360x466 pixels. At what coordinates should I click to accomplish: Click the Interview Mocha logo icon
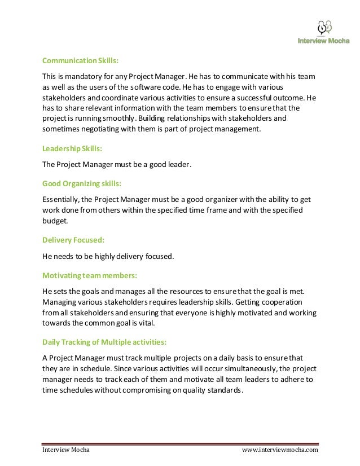[324, 28]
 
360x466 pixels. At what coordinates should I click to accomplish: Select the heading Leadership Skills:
[72, 150]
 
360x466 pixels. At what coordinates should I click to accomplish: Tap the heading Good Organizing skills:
[82, 183]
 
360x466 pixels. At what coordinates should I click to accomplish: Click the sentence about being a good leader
[117, 165]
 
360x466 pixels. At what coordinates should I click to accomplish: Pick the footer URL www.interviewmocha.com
[280, 450]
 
